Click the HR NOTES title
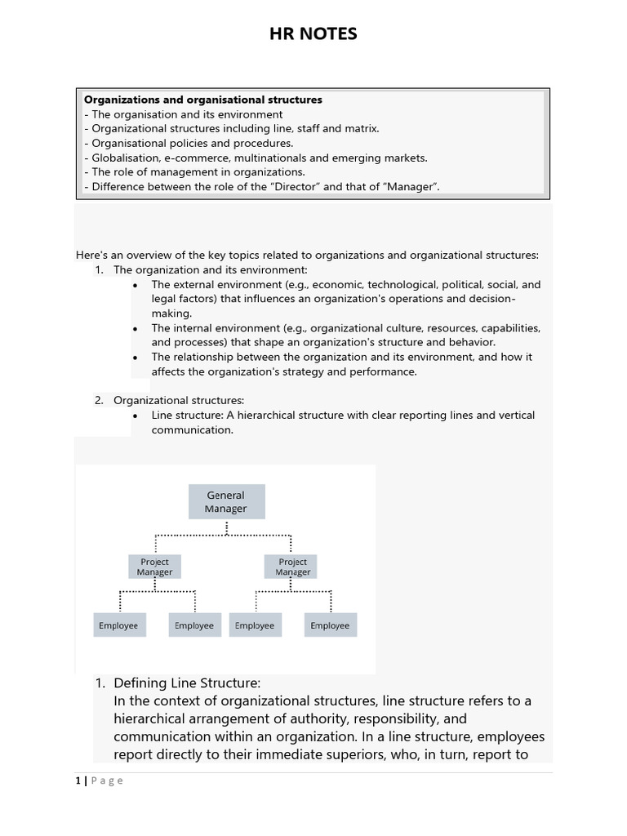[x=313, y=33]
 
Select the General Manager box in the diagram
[x=226, y=501]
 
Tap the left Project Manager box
[x=154, y=567]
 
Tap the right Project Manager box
[x=292, y=567]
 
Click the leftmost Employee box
[x=118, y=625]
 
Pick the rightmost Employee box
[x=330, y=625]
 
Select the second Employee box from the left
[x=193, y=625]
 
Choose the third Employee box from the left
[x=255, y=625]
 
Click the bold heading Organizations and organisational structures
[x=203, y=100]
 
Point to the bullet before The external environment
[x=135, y=285]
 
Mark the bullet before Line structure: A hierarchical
[x=135, y=416]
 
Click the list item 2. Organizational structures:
[x=178, y=400]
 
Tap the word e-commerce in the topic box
[x=198, y=158]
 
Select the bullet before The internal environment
[x=135, y=328]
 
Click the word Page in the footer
[x=107, y=780]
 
